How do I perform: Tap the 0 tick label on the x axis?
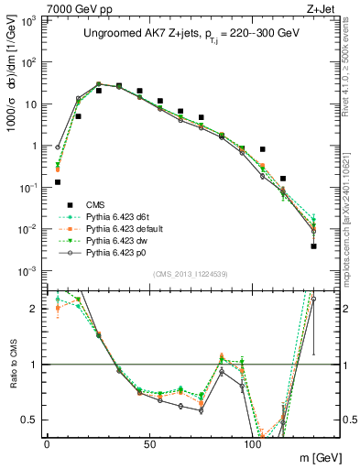coord(47,443)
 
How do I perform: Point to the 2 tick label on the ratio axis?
coord(35,309)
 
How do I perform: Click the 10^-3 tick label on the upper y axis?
coord(27,271)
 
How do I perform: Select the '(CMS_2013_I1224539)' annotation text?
coord(186,273)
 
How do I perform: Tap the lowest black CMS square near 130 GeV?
coord(313,246)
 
